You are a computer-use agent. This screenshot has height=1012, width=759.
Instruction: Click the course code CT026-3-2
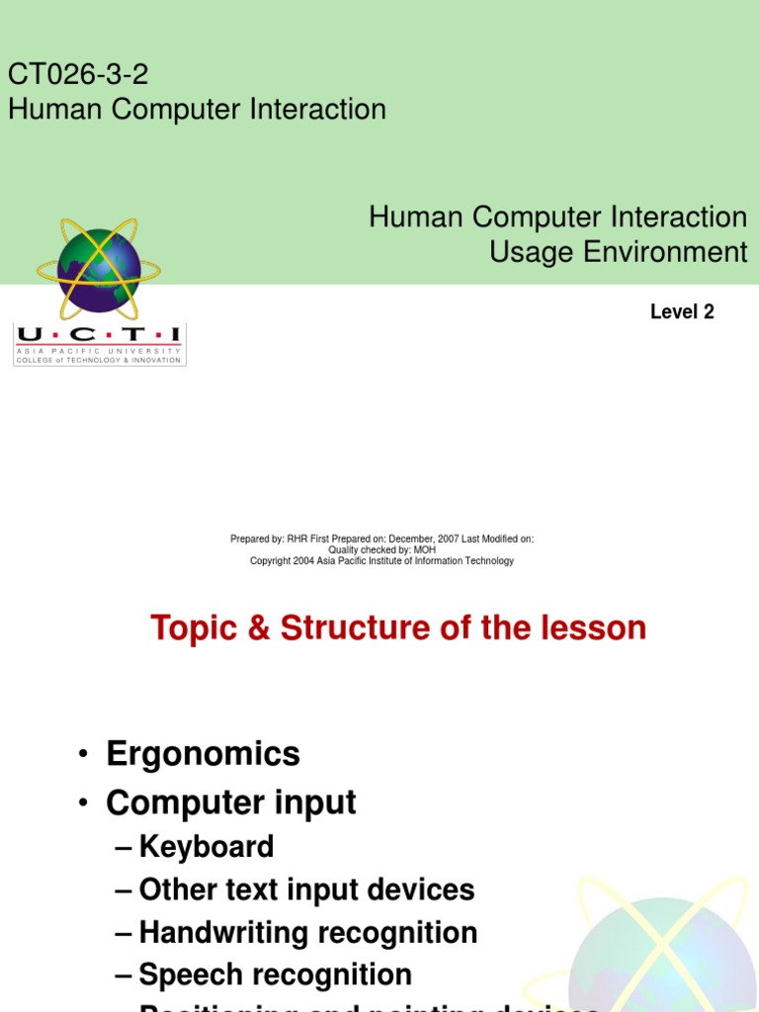(x=78, y=74)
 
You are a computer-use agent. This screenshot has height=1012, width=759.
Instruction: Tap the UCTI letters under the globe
(x=99, y=335)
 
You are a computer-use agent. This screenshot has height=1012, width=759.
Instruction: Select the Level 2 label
(x=682, y=312)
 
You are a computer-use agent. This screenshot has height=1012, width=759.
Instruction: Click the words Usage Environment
(x=619, y=252)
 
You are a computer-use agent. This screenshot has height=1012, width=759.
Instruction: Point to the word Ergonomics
(x=203, y=754)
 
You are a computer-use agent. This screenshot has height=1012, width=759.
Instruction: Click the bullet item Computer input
(x=231, y=802)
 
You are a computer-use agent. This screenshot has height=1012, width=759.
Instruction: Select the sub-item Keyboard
(x=207, y=847)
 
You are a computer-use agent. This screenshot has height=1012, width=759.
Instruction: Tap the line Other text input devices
(x=306, y=889)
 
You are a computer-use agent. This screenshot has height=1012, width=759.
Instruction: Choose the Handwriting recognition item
(x=308, y=932)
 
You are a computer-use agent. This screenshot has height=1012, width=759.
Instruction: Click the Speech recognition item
(x=275, y=974)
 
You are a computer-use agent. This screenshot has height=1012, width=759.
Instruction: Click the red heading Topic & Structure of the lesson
(x=398, y=628)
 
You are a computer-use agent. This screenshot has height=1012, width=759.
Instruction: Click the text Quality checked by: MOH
(x=381, y=549)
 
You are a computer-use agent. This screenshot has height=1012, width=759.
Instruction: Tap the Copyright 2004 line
(x=381, y=561)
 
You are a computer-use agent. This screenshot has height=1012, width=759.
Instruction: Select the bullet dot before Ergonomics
(x=86, y=756)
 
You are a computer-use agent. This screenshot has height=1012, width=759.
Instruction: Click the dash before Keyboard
(x=124, y=848)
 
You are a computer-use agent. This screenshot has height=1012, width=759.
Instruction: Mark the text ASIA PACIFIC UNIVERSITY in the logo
(x=99, y=351)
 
